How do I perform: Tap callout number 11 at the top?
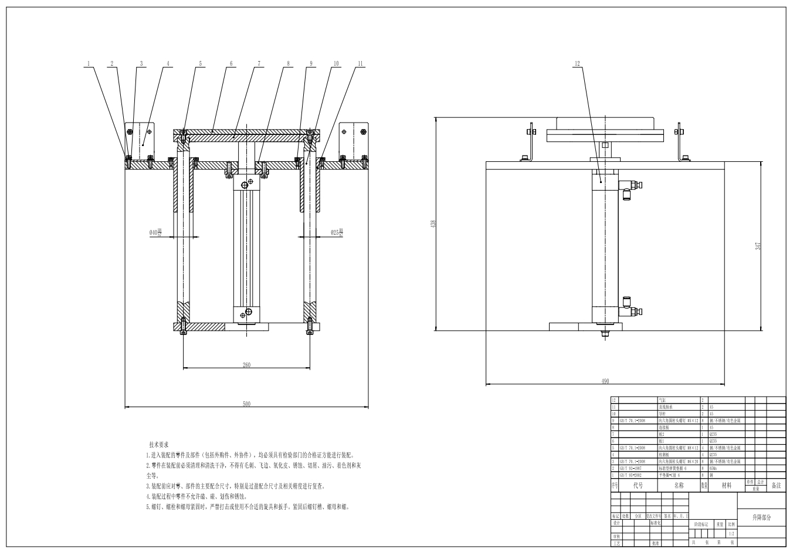360,63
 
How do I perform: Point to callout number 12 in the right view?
577,63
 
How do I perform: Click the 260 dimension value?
246,365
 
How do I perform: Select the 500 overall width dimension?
246,404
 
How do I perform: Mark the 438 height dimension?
433,223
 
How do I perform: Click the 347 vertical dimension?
758,246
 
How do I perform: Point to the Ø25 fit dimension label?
337,233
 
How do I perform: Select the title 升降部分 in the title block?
761,517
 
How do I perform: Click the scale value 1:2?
731,534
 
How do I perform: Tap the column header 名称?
679,486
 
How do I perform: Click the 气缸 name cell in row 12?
663,400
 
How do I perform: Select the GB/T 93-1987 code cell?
632,469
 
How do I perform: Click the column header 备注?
776,486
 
